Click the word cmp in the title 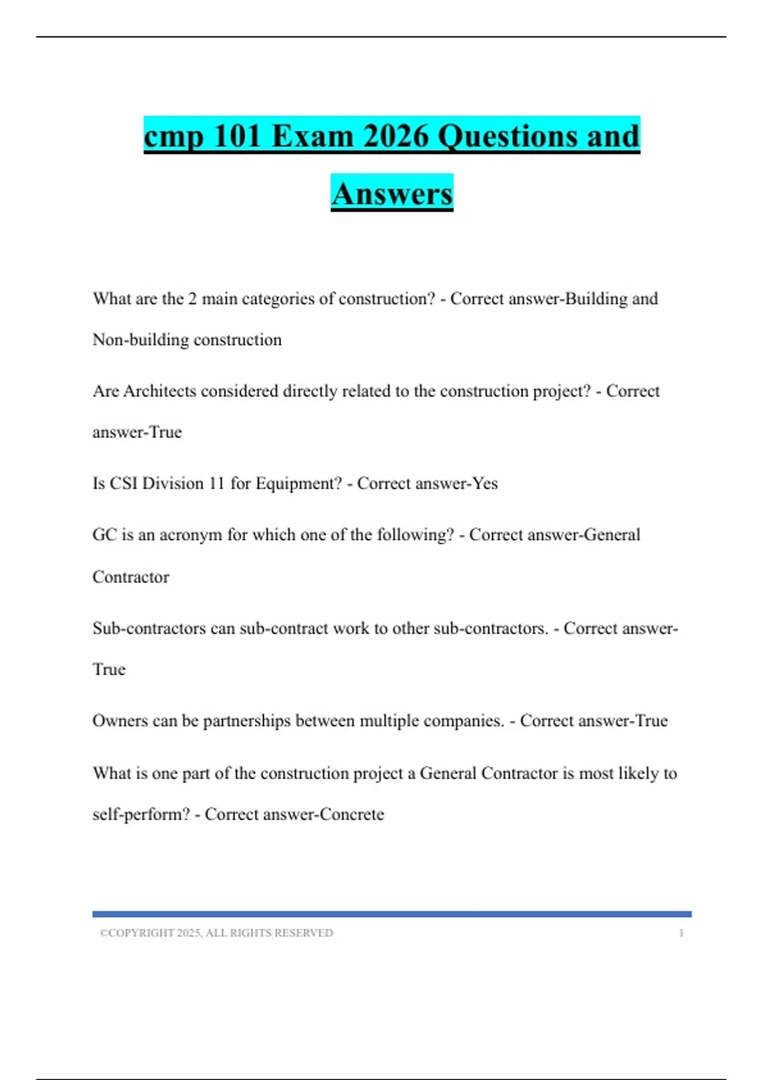click(x=173, y=137)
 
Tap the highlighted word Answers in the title click(x=392, y=194)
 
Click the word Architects click(x=160, y=391)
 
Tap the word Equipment click(x=298, y=484)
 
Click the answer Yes click(x=485, y=483)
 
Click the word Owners click(x=120, y=721)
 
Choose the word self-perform click(x=141, y=814)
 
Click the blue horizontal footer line click(x=392, y=914)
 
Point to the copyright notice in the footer click(x=216, y=933)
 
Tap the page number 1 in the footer click(x=681, y=933)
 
